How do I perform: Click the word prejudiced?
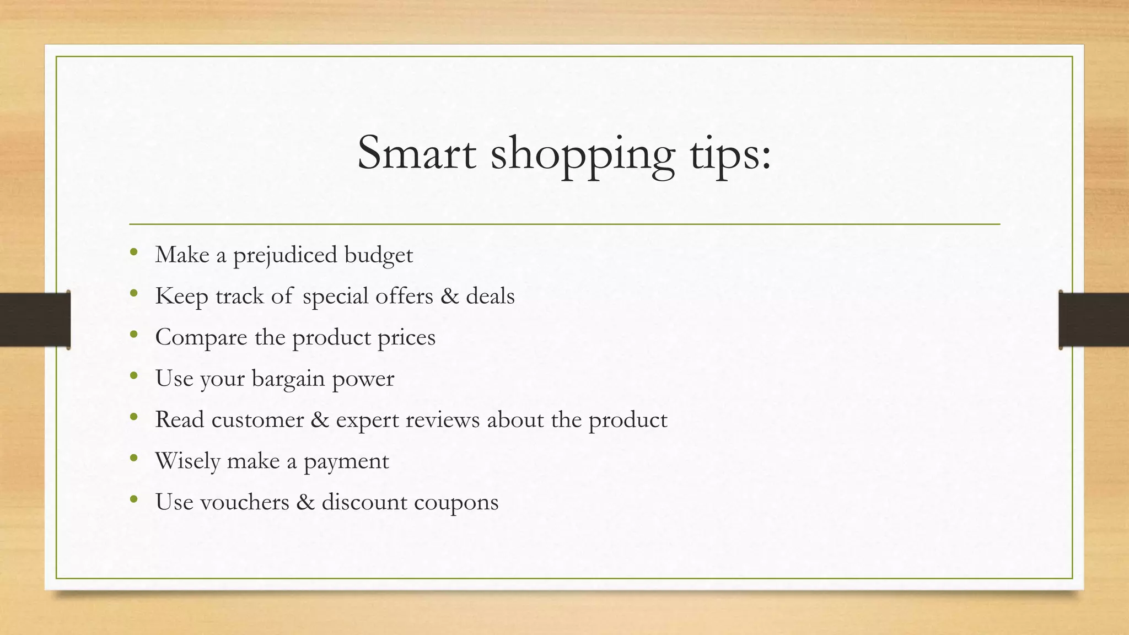285,256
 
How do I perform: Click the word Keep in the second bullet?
181,297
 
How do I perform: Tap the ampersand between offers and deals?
449,296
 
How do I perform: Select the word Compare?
201,338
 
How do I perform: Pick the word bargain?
288,379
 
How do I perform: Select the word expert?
367,421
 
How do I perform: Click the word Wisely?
187,461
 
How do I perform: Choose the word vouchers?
244,502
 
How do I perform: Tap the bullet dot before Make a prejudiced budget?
133,253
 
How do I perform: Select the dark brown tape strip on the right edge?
1094,320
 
